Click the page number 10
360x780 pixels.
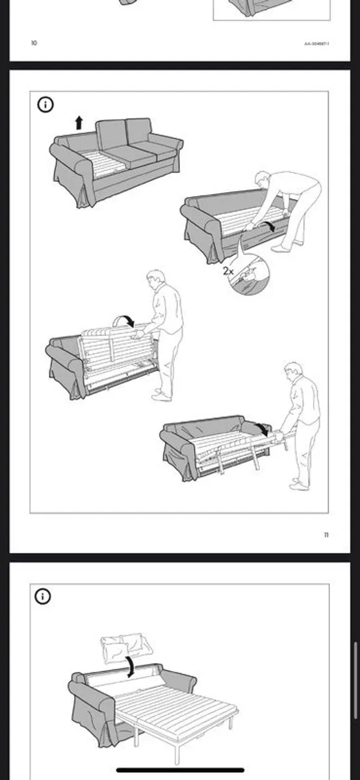(x=34, y=44)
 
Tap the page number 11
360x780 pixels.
(x=326, y=535)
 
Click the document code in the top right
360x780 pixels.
(x=316, y=44)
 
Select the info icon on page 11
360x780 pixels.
(x=45, y=105)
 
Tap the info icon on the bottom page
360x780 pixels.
(x=44, y=596)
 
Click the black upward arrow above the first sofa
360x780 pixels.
(x=79, y=122)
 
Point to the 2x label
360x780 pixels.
(x=228, y=270)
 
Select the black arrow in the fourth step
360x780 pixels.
(x=262, y=428)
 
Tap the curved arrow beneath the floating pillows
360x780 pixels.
(x=131, y=666)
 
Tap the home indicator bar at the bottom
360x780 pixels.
(x=180, y=772)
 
